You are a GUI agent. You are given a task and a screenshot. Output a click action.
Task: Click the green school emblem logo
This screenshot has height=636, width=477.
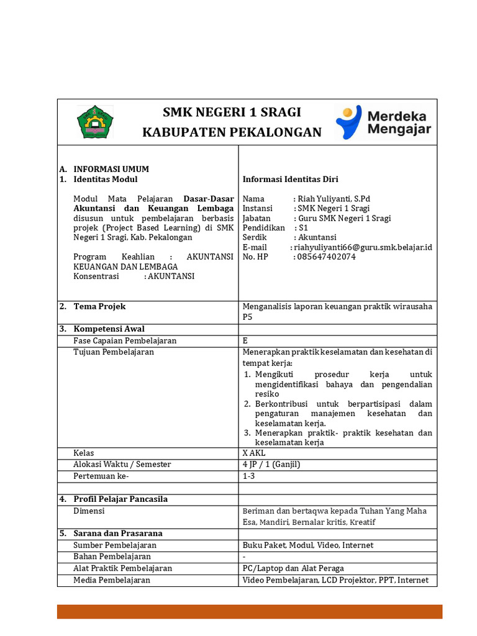(x=96, y=122)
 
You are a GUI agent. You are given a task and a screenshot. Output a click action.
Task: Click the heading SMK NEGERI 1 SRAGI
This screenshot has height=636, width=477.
(x=232, y=112)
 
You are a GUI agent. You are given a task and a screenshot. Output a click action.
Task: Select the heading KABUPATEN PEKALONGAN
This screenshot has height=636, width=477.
(x=232, y=132)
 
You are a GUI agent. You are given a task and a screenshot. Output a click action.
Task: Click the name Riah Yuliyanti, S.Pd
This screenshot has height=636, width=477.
(x=334, y=199)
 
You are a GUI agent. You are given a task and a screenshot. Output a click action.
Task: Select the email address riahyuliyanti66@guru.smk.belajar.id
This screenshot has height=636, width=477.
(x=363, y=247)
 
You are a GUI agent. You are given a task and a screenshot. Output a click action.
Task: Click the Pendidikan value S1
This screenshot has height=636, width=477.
(x=304, y=228)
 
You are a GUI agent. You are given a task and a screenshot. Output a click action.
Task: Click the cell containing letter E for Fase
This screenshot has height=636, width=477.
(x=245, y=340)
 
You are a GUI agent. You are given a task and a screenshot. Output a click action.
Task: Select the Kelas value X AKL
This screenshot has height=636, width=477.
(x=254, y=453)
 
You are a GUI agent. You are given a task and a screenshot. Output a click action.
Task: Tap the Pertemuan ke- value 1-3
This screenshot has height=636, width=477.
(x=248, y=476)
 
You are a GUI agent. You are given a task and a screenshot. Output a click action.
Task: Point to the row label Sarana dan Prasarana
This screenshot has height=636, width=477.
(x=117, y=533)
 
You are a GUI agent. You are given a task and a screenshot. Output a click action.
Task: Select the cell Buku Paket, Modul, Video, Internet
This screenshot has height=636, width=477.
(x=308, y=545)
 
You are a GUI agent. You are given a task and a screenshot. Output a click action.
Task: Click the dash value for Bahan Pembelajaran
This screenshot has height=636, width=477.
(x=244, y=556)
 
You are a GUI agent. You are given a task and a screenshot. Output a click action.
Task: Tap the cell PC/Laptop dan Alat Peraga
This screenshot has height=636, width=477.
(x=293, y=568)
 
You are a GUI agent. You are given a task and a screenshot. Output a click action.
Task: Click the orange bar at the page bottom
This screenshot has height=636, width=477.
(x=250, y=611)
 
